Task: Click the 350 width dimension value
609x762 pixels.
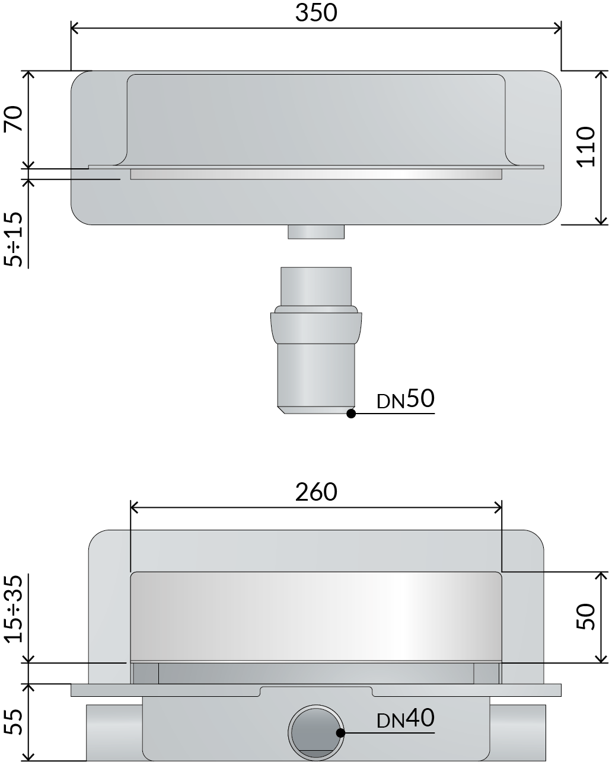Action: click(316, 12)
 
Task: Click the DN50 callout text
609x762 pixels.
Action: click(406, 400)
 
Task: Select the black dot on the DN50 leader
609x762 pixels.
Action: click(351, 414)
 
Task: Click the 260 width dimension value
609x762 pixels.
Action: click(316, 492)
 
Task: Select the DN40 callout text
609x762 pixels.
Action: click(406, 719)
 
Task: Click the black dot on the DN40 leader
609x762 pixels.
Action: click(340, 733)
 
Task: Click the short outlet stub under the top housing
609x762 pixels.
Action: click(316, 232)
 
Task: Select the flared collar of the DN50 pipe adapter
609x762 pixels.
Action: click(315, 326)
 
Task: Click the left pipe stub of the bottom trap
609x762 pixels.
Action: click(114, 732)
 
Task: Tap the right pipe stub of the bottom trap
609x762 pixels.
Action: click(517, 732)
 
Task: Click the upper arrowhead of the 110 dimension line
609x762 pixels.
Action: click(601, 74)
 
